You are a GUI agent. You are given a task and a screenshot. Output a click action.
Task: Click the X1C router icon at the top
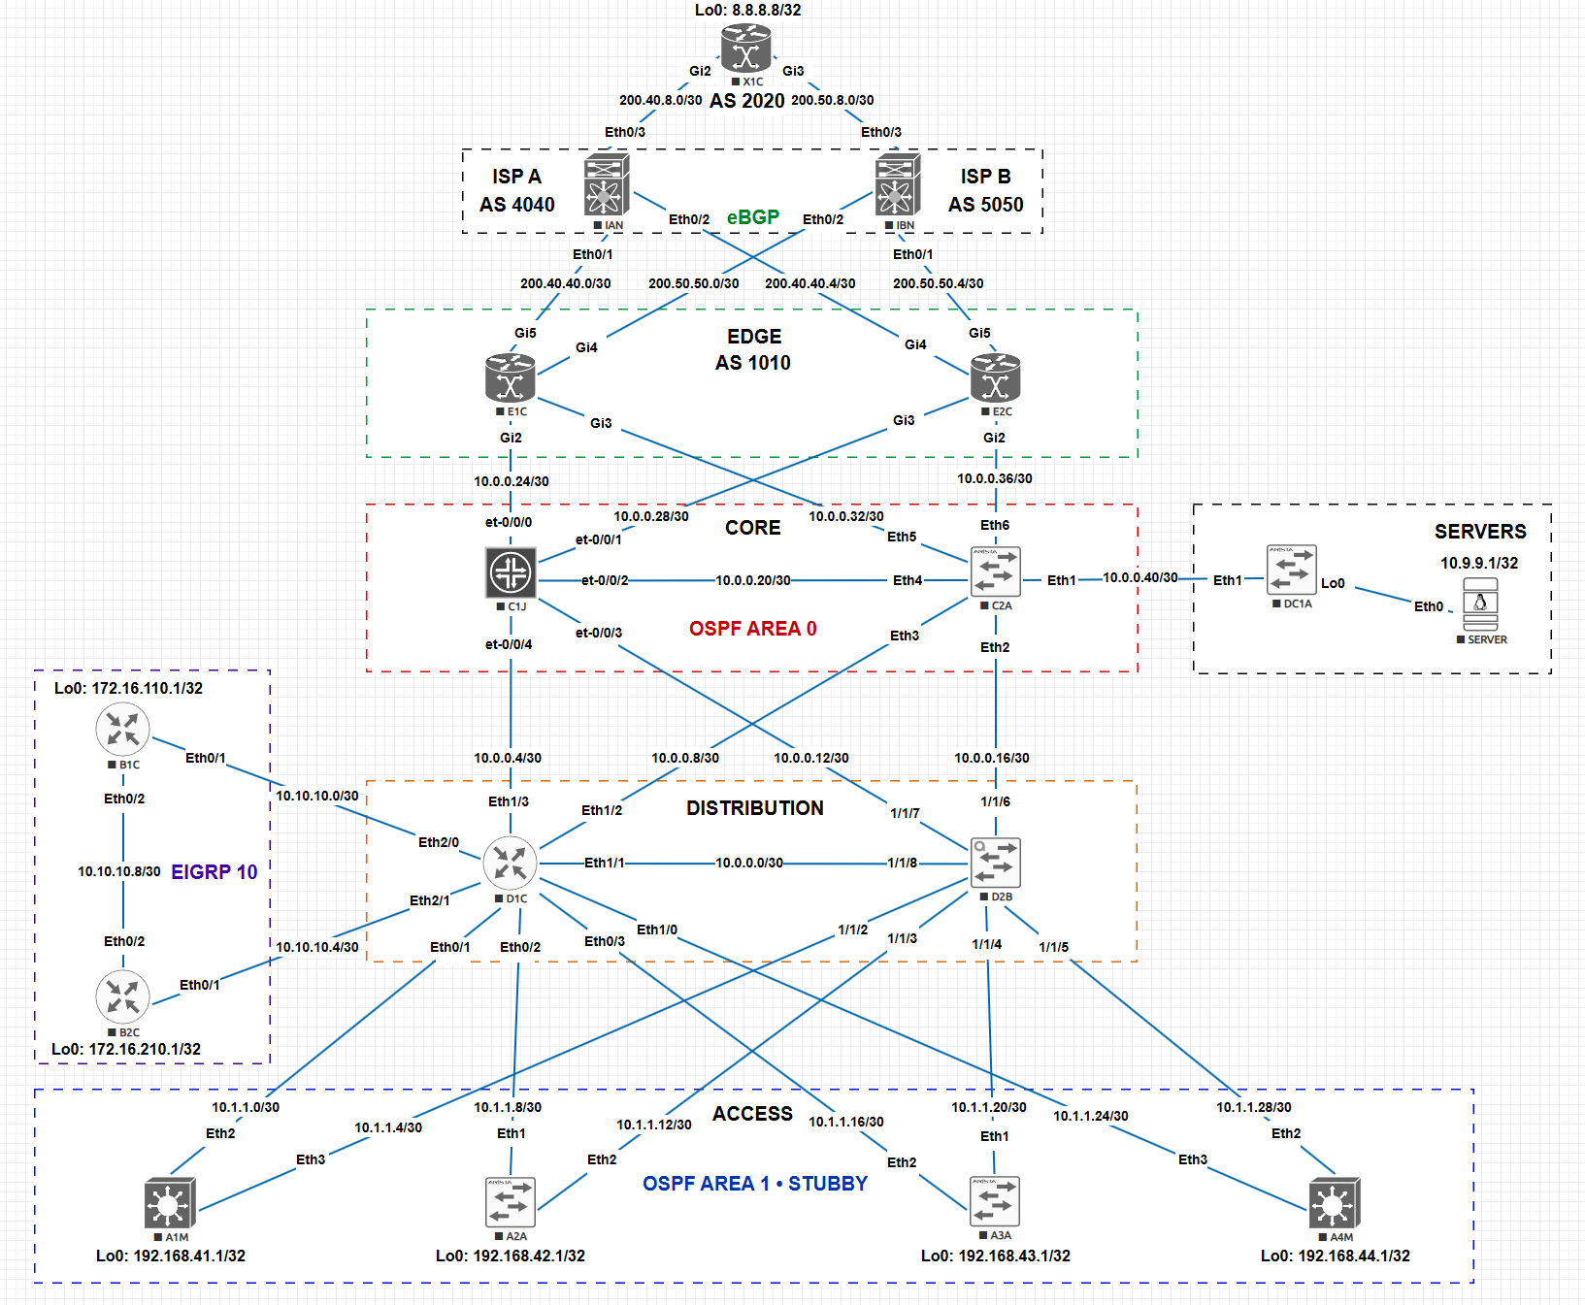pos(745,49)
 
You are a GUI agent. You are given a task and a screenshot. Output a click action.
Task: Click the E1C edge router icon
pos(511,377)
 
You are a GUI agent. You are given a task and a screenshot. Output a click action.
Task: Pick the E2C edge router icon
pos(995,377)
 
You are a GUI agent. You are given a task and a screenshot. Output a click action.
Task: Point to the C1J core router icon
pos(511,572)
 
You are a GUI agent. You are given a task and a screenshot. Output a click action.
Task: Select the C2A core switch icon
pos(996,572)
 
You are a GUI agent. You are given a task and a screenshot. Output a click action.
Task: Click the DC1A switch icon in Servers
pos(1292,570)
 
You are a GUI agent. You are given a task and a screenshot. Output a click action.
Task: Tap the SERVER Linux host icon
pos(1480,604)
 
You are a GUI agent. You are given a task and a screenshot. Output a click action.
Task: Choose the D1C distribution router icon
pos(511,863)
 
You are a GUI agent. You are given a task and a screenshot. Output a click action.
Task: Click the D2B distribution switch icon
pos(996,863)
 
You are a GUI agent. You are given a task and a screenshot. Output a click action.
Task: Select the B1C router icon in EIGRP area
pos(123,730)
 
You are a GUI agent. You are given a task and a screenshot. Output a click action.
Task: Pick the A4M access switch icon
pos(1335,1203)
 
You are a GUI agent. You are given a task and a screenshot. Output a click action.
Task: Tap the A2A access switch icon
pos(511,1202)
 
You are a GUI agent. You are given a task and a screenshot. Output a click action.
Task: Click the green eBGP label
pos(753,217)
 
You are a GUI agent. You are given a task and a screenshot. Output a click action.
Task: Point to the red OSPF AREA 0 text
pos(753,629)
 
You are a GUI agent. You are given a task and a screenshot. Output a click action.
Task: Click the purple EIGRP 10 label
pos(215,872)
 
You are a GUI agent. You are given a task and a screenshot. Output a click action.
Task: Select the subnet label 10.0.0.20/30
pos(753,580)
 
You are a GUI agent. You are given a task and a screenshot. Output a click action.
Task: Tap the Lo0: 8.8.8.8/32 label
pos(748,10)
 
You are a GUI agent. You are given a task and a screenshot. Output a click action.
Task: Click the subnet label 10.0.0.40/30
pos(1140,577)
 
